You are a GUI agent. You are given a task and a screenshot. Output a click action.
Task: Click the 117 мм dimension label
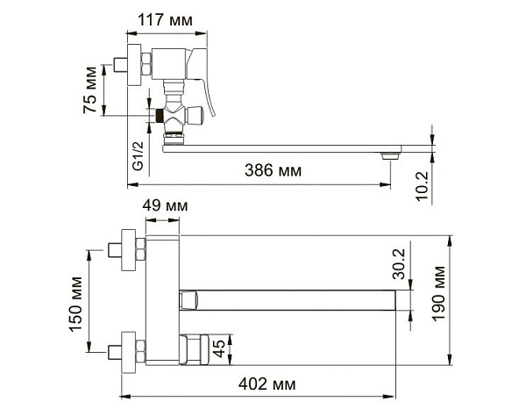[171, 18]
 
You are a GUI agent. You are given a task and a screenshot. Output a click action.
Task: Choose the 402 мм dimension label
[267, 384]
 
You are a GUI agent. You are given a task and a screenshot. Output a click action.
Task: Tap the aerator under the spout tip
[390, 155]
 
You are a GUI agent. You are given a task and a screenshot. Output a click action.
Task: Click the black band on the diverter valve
[159, 114]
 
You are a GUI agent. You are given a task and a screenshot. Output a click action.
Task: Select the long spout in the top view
[298, 300]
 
